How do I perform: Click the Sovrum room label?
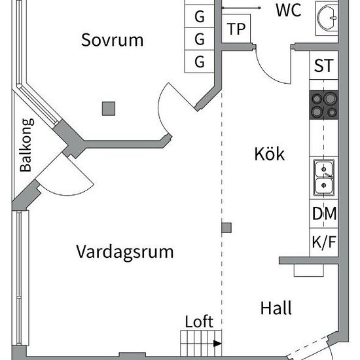coord(113,40)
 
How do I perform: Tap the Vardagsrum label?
coord(124,253)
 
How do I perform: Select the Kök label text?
coord(270,153)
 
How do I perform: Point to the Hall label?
coord(276,308)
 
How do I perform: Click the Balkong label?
coord(26,145)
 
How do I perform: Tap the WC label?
coord(289,10)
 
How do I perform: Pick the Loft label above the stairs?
coord(199,321)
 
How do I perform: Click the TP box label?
coord(236,29)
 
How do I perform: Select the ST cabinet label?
coord(324,65)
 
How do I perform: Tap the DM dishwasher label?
coord(324,213)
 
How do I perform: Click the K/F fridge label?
coord(324,242)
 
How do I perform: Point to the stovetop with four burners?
coord(324,105)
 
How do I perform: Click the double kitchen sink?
coord(324,177)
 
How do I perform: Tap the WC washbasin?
coord(327,18)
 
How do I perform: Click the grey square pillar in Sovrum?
coord(109,109)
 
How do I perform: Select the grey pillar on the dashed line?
coord(226,228)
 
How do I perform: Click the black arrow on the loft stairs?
coord(217,344)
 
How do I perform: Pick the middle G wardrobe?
coord(200,39)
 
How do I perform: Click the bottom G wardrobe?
coord(200,62)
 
